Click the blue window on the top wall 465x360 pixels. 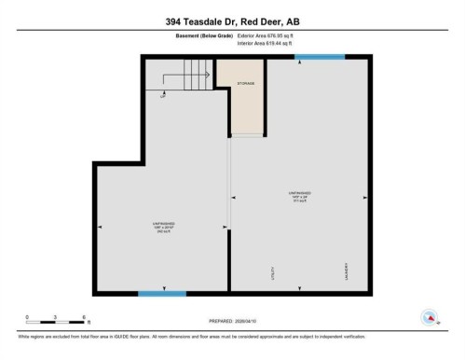(x=312, y=57)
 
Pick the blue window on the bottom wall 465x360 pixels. (x=161, y=294)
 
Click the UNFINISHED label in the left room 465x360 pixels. (x=165, y=223)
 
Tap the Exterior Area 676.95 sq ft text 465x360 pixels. (x=272, y=35)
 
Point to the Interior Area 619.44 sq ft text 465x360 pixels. (x=271, y=43)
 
